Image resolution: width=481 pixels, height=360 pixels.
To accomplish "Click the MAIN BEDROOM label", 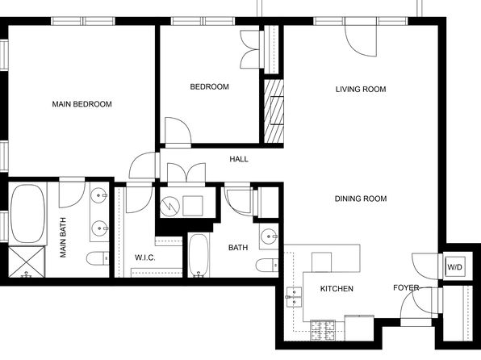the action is click(x=82, y=104).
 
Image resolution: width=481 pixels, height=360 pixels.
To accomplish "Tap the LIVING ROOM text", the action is click(x=361, y=90).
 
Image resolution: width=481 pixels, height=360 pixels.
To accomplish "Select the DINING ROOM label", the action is click(x=361, y=199).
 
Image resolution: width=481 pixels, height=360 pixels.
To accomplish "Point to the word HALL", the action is click(x=239, y=159).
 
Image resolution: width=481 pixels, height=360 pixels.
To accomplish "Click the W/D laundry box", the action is click(x=454, y=267).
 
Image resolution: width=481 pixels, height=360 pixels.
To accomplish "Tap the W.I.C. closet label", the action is click(x=145, y=257).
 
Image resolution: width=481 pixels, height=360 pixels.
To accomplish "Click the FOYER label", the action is click(x=406, y=287).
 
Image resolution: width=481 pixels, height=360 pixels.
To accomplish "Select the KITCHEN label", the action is click(x=337, y=288).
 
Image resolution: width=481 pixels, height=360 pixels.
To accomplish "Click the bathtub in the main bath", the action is click(x=27, y=213).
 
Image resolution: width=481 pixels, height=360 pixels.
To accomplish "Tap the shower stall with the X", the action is click(x=27, y=262).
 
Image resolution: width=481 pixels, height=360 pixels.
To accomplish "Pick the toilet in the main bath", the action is click(x=98, y=258).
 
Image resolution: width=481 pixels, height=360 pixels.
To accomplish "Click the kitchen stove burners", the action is click(x=323, y=330).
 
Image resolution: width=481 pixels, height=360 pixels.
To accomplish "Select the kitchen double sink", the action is click(x=295, y=297).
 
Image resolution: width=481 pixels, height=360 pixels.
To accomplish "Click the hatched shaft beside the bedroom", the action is click(x=274, y=111).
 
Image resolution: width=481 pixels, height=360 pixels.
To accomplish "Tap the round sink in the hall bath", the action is click(x=270, y=237).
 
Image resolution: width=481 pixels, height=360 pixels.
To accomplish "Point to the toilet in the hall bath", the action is click(x=267, y=265).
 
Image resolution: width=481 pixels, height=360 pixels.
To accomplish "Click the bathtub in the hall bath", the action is click(x=199, y=255).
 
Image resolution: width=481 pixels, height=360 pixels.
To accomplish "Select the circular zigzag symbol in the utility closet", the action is click(x=169, y=206).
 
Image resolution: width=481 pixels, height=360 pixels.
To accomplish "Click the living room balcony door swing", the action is click(x=361, y=37).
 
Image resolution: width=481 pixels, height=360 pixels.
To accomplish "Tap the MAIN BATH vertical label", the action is click(x=63, y=237).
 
